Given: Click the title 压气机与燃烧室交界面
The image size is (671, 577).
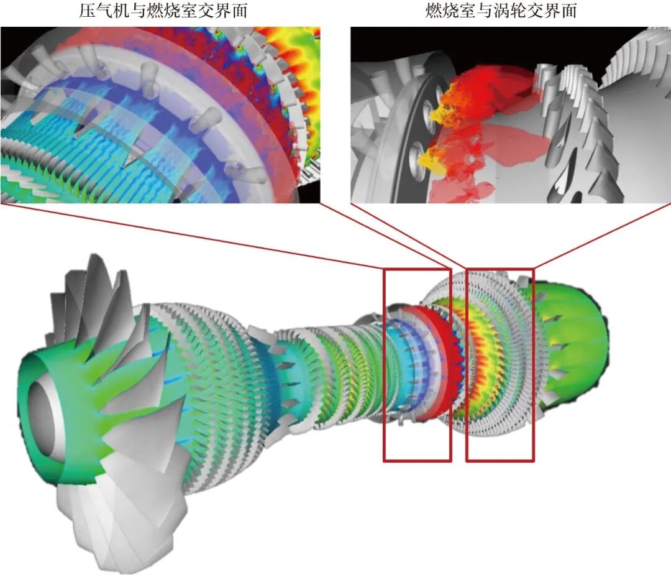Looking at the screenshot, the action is tap(163, 11).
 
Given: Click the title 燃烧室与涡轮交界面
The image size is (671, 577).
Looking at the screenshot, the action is tap(501, 11).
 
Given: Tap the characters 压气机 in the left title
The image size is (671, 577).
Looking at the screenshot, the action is tap(103, 11).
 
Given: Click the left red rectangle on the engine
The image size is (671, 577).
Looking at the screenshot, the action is tap(384, 364).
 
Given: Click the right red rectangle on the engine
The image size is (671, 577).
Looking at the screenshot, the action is tap(467, 364).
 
